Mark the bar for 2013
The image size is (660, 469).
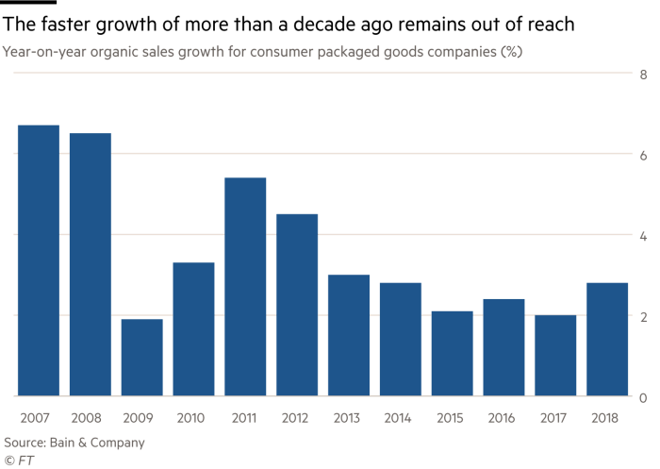349,335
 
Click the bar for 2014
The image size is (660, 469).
401,339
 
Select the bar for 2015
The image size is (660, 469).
453,353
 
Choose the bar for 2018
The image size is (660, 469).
607,339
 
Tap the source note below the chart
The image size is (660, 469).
74,441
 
